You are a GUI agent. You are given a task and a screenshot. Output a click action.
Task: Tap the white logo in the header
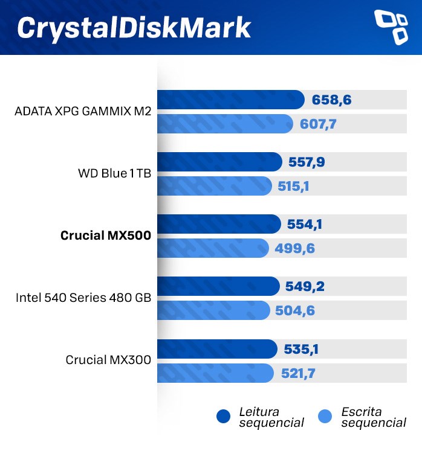click(392, 27)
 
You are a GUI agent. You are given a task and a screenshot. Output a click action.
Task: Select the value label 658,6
click(332, 100)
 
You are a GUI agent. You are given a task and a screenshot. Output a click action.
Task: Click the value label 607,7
click(318, 124)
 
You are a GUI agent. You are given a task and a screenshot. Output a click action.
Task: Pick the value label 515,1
click(294, 187)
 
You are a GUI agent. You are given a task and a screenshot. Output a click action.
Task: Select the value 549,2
click(305, 286)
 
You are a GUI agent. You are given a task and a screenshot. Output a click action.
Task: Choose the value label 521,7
click(298, 374)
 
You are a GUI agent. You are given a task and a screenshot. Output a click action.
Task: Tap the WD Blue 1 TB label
click(114, 174)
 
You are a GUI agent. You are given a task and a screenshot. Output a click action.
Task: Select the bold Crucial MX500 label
click(105, 236)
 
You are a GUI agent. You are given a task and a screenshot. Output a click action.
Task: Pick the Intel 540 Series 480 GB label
click(83, 298)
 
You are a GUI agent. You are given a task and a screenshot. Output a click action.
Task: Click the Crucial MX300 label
click(108, 360)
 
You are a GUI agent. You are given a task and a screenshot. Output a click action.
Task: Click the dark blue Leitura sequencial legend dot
click(224, 417)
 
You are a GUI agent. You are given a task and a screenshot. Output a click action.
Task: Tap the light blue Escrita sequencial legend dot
click(325, 417)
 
